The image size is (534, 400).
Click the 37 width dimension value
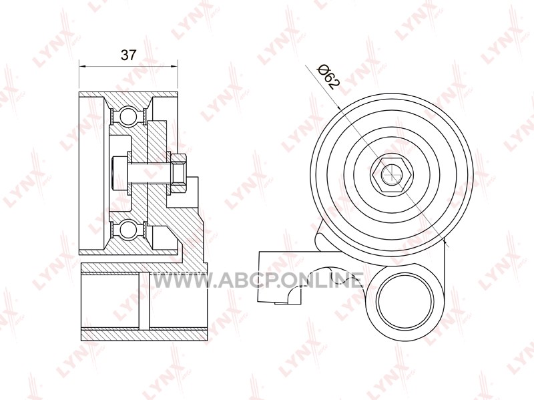pyautogui.click(x=128, y=55)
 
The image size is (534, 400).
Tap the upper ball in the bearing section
pyautogui.click(x=127, y=115)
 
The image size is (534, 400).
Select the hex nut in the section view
pyautogui.click(x=178, y=172)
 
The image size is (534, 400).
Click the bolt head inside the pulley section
pyautogui.click(x=119, y=173)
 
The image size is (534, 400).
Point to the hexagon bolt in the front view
pyautogui.click(x=391, y=173)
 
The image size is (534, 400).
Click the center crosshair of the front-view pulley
pyautogui.click(x=391, y=173)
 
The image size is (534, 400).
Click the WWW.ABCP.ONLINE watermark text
pyautogui.click(x=256, y=280)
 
